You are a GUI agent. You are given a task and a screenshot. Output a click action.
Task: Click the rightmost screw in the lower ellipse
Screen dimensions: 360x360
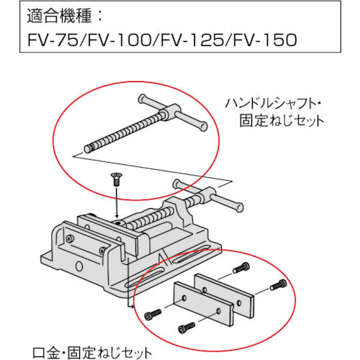(279, 286)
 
